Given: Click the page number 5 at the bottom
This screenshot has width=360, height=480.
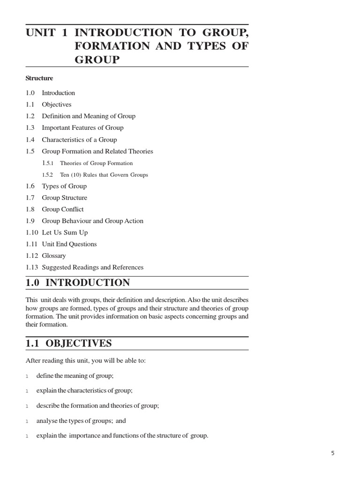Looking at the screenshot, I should (333, 453).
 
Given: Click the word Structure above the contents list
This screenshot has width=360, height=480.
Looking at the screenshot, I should (39, 78).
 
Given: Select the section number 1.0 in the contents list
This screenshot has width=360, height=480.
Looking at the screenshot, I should (30, 93).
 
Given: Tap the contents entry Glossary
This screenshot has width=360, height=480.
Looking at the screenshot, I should (53, 255).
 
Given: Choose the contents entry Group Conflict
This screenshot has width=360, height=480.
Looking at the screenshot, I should (62, 209).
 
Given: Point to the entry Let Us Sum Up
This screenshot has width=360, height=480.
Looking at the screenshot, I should (65, 232).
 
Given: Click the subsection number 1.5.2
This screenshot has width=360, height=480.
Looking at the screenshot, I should (48, 175).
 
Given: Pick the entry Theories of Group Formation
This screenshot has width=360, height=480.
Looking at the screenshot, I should (96, 163).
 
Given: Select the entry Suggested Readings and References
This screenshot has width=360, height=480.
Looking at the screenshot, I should (92, 267).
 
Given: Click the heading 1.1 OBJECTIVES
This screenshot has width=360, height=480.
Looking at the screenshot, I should (69, 343).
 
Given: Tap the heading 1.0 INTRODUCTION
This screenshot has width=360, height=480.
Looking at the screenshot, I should (78, 283).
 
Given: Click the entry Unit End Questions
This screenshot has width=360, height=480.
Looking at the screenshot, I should (69, 244).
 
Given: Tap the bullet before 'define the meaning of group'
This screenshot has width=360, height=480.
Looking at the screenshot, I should (27, 376).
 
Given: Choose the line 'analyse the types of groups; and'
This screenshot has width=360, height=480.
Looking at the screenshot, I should (81, 421).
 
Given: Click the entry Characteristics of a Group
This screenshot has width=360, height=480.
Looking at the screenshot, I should (79, 140).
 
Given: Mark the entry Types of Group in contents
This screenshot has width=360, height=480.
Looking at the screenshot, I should (64, 186).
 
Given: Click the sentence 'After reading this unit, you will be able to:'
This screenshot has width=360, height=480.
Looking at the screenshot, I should (86, 360).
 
